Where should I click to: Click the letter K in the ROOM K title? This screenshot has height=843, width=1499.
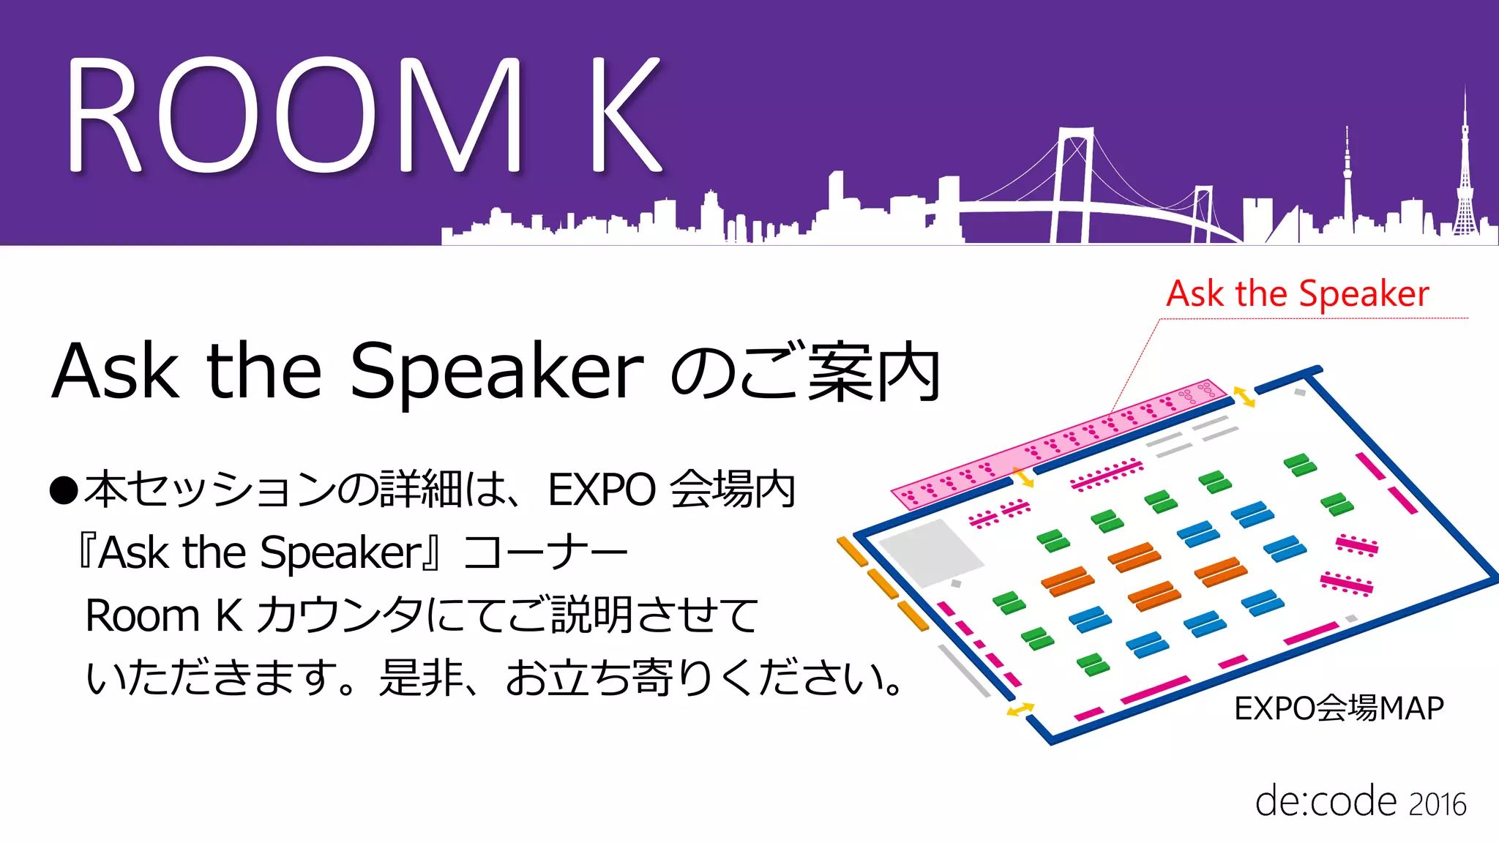point(626,116)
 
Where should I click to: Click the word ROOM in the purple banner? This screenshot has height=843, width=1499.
point(293,116)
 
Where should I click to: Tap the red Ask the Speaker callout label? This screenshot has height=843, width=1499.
point(1297,294)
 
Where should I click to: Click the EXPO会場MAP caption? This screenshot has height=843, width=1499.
point(1339,708)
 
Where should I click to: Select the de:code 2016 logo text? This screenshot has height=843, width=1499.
point(1360,802)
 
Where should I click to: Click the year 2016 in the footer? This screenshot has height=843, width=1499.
point(1438,805)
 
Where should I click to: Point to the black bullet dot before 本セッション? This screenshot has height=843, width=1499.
point(64,490)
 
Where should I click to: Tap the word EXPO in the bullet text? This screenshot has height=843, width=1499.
point(602,490)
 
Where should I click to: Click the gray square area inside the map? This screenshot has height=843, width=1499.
point(930,552)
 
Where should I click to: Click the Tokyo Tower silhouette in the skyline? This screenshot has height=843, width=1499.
point(1465,176)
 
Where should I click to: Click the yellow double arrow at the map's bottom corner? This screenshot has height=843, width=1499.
point(1020,709)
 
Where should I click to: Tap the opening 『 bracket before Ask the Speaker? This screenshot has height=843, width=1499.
point(87,552)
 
